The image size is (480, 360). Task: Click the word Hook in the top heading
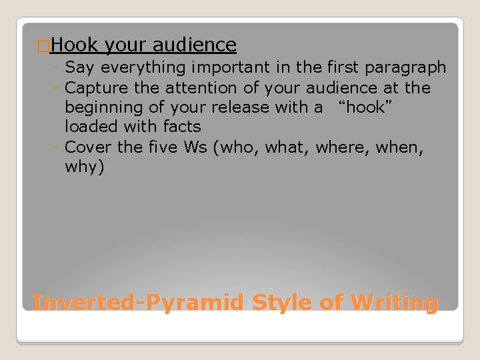tap(73, 45)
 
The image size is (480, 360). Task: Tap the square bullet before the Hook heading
tap(43, 46)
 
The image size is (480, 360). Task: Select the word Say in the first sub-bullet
tap(81, 67)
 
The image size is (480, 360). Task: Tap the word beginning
tap(101, 107)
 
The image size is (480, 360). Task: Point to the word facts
tap(178, 126)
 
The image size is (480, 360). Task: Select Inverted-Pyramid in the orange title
tap(138, 303)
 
